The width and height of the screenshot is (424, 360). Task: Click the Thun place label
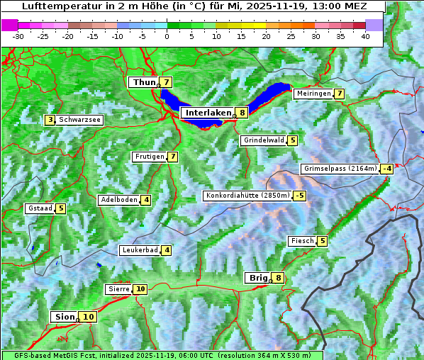[143, 83]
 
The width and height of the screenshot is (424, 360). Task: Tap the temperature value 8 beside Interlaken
[242, 113]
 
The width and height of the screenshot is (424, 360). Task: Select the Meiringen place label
[313, 94]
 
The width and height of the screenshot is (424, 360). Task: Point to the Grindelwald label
[264, 140]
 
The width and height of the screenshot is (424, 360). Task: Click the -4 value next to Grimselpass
[386, 169]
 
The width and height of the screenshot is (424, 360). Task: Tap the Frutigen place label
[149, 157]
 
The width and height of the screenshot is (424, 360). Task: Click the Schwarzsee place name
[80, 120]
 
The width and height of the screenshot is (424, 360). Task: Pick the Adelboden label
[118, 200]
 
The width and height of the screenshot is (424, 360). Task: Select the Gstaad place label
[40, 208]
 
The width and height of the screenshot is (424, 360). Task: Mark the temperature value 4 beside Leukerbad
[167, 250]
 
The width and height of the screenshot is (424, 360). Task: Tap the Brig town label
[257, 278]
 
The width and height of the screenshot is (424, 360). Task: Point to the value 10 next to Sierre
[141, 289]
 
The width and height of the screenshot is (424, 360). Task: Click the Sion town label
[64, 317]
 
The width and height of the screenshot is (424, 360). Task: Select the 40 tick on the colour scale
[365, 35]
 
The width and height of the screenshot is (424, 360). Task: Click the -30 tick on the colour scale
[18, 35]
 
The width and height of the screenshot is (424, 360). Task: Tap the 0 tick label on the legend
[167, 35]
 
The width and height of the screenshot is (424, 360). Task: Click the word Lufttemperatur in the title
[53, 6]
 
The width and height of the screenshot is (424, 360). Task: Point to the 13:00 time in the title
[325, 6]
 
